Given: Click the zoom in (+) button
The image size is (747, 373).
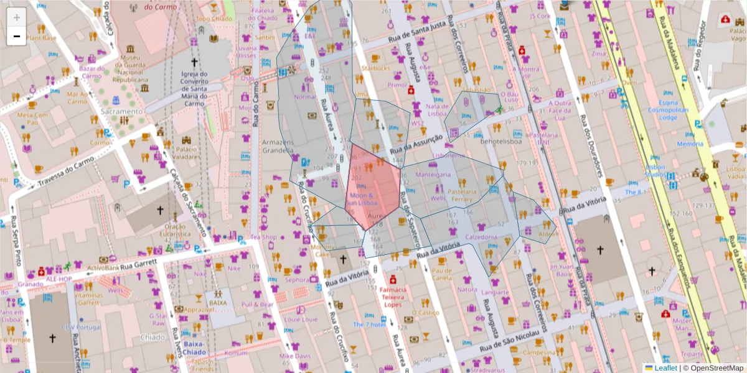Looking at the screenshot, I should (17, 17).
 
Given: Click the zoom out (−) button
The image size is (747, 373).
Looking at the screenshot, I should (17, 36).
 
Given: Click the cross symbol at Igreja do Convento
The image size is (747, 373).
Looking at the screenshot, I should (194, 63).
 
